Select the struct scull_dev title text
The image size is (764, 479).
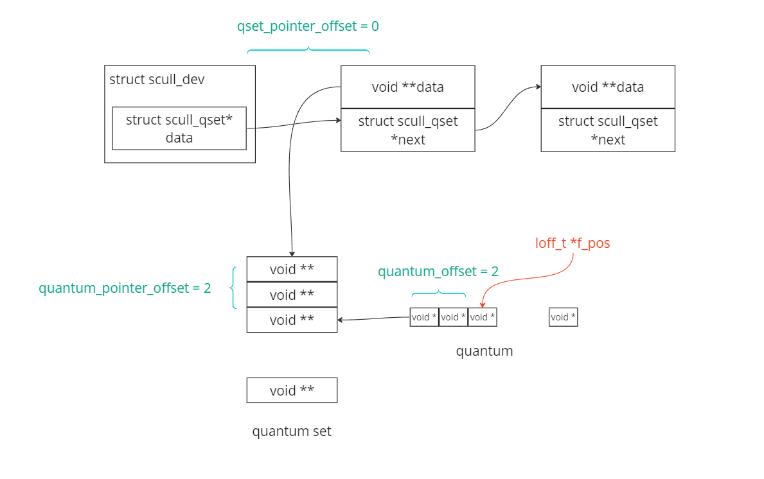point(157,80)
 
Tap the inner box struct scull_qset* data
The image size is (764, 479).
point(179,128)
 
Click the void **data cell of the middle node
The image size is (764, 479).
point(407,87)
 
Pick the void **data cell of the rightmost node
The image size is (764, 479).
point(608,87)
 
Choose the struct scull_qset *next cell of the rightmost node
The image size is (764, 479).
point(608,130)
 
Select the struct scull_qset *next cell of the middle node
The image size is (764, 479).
point(407,130)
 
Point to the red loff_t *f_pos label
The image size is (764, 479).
point(573,243)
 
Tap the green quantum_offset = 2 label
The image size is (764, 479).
point(438,272)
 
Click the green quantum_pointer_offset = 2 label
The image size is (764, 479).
point(125,288)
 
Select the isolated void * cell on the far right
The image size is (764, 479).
point(563,317)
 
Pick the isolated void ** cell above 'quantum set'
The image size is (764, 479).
point(292,390)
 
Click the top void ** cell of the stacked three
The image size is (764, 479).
point(292,269)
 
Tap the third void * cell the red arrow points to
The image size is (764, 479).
point(482,317)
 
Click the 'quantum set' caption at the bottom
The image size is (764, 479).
point(292,431)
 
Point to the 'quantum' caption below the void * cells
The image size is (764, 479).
point(484,351)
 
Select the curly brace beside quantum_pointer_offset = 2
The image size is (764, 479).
point(234,288)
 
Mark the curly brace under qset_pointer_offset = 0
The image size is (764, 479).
point(308,50)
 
